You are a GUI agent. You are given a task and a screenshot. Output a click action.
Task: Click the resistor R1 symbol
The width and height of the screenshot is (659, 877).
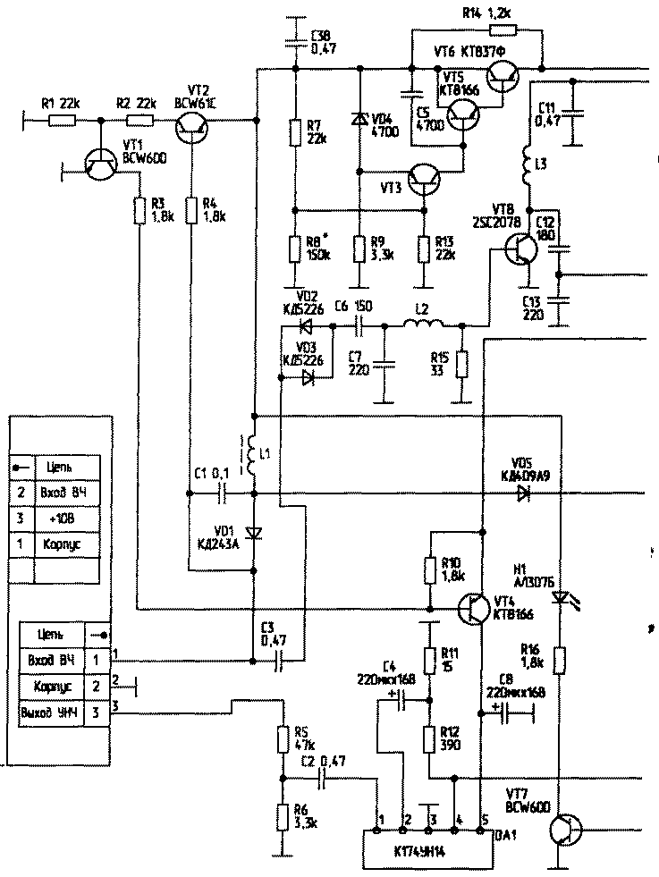[x=62, y=118]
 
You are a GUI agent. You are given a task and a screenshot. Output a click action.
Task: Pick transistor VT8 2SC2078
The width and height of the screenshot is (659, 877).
[x=520, y=249]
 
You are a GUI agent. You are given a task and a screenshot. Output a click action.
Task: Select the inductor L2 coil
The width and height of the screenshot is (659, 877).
[x=423, y=326]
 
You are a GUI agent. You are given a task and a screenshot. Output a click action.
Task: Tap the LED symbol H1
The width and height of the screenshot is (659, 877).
[x=560, y=596]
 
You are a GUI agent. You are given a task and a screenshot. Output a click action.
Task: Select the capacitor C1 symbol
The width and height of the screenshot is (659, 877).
[x=224, y=493]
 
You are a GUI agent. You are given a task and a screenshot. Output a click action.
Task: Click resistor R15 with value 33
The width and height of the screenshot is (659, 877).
[x=461, y=365]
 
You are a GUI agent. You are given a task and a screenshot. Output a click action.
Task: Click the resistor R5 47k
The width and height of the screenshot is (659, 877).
[x=282, y=739]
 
